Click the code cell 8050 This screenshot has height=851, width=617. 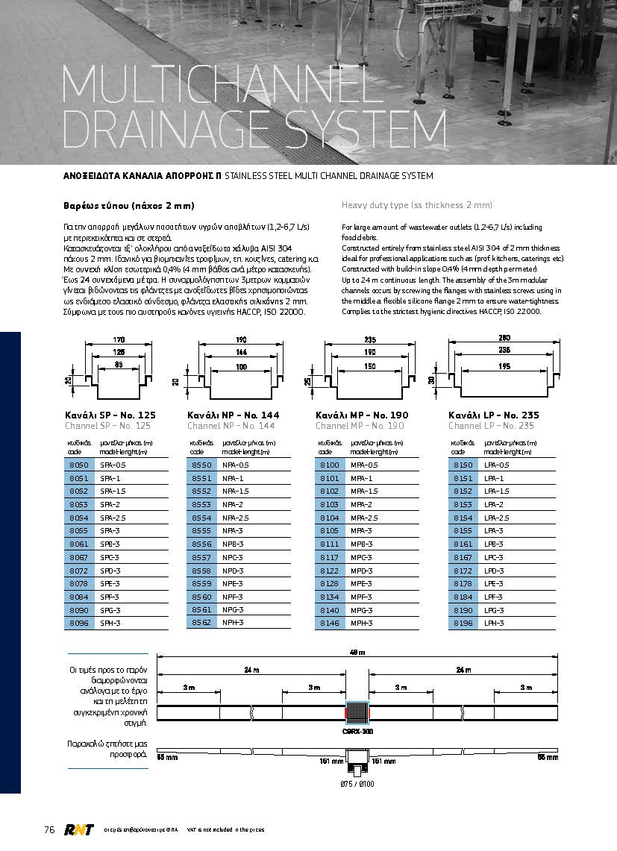tap(78, 465)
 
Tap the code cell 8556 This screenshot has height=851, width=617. tap(202, 544)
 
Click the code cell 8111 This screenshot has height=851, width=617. tap(329, 544)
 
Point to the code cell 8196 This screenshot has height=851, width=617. tap(463, 623)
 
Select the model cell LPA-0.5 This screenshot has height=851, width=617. tap(498, 465)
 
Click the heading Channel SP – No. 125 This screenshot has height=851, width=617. tap(107, 426)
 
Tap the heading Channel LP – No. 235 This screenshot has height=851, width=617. tap(491, 426)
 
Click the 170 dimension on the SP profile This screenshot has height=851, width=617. tap(119, 340)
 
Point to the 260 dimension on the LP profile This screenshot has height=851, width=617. tap(504, 337)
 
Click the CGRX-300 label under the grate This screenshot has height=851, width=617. tap(357, 732)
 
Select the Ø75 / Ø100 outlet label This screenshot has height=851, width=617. tap(357, 783)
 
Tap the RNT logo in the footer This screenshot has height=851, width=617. tap(77, 829)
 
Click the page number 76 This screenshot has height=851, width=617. tap(50, 829)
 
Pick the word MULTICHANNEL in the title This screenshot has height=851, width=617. tap(216, 84)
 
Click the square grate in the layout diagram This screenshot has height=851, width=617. tap(357, 713)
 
